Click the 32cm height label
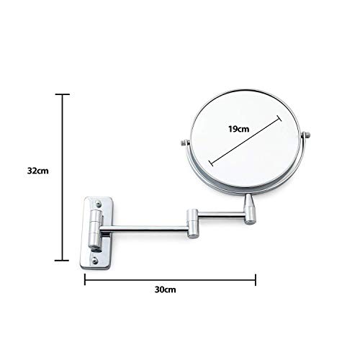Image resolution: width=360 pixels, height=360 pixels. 37,171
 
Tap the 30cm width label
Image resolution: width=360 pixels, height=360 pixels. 166,292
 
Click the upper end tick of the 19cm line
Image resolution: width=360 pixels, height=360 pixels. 279,120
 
